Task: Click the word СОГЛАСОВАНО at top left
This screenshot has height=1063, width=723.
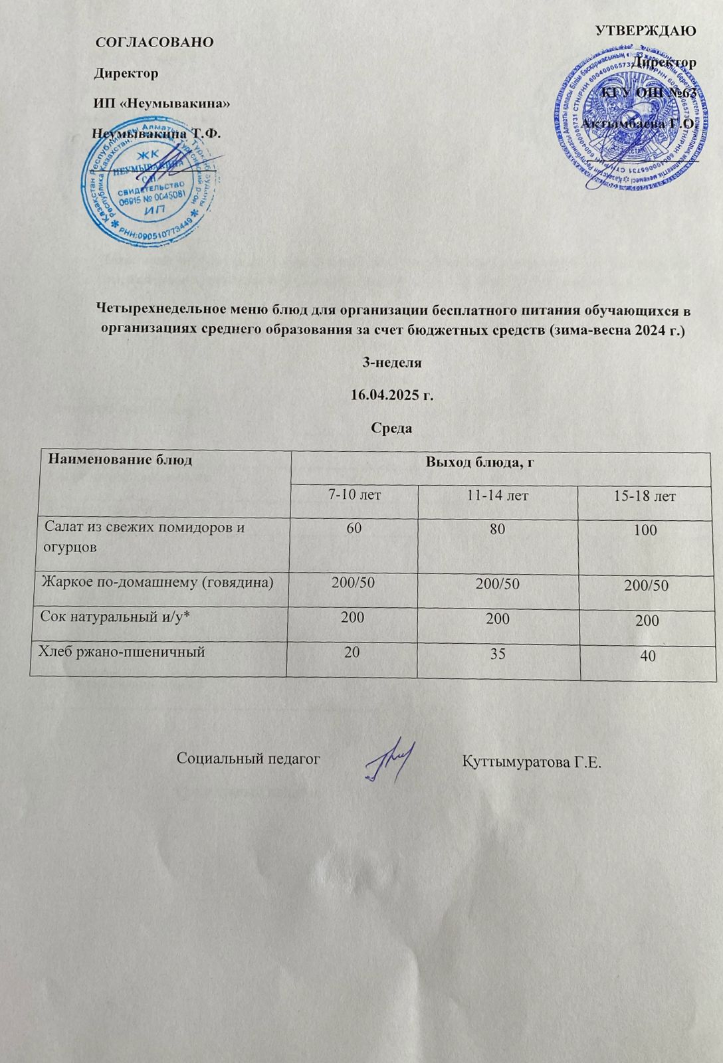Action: point(155,42)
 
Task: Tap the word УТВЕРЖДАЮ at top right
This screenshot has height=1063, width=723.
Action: point(646,31)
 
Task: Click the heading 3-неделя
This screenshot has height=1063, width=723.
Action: point(391,363)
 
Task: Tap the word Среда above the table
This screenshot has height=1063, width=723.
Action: point(391,428)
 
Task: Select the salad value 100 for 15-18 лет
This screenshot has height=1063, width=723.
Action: point(645,530)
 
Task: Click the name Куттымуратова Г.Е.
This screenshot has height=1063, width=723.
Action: point(531,761)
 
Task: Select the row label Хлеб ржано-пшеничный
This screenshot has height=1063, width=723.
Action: point(122,652)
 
